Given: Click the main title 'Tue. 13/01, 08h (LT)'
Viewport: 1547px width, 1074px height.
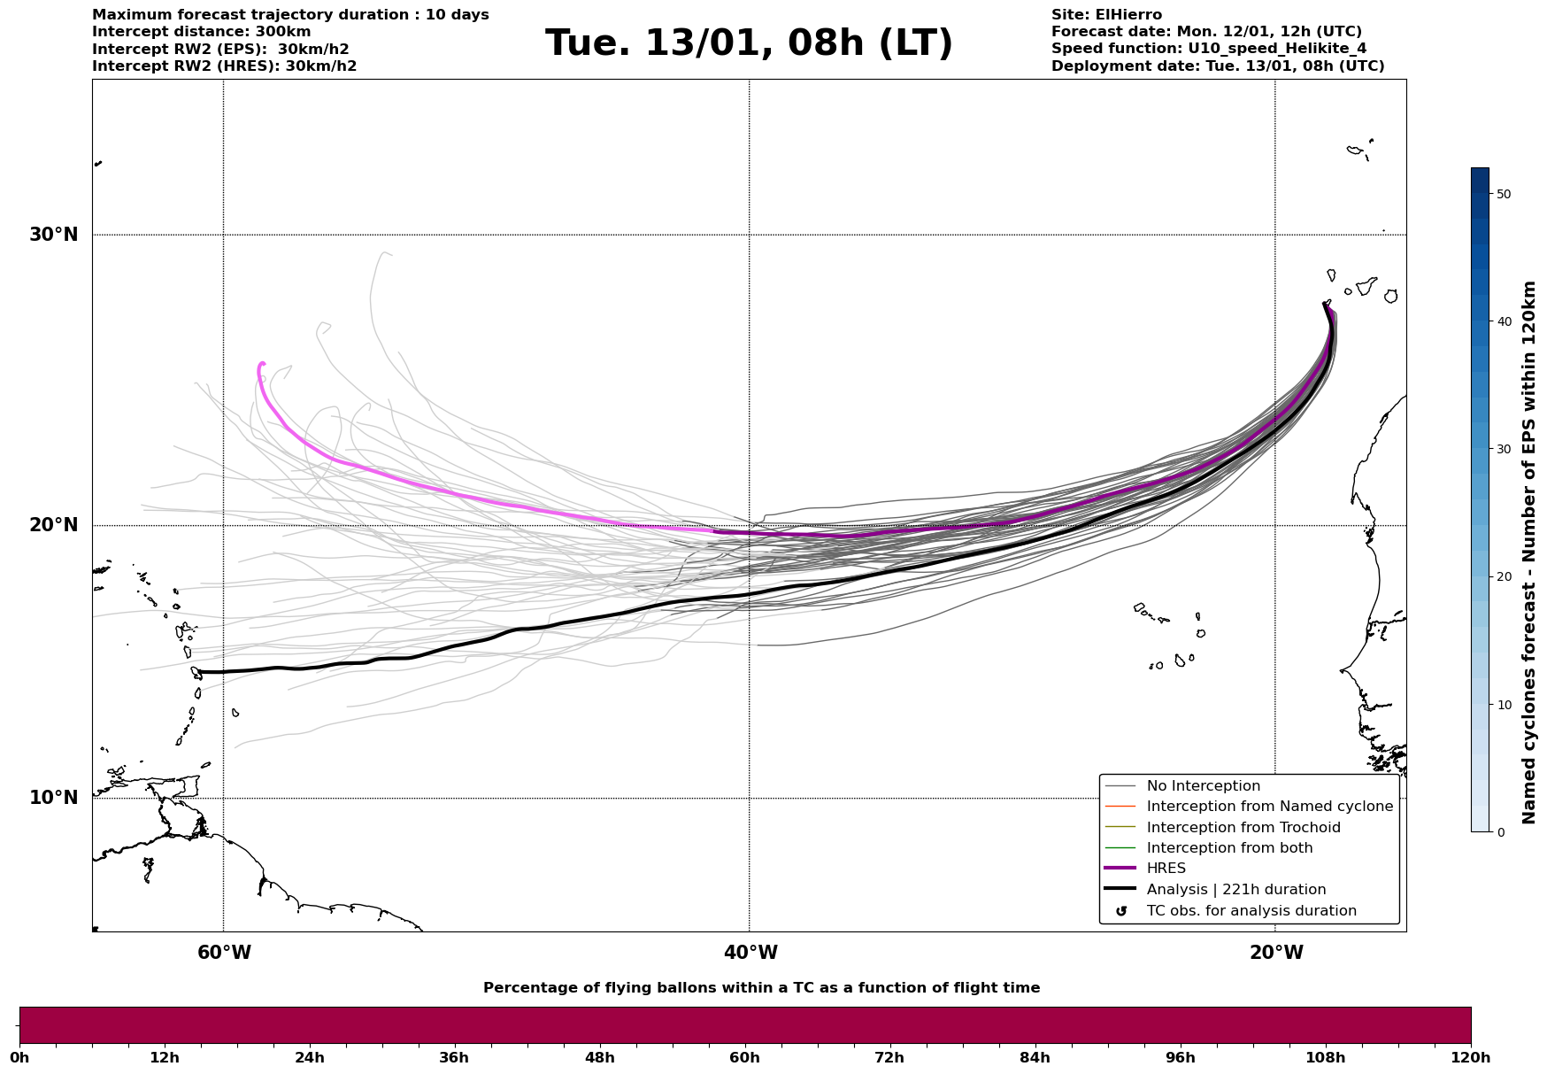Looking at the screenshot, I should (749, 43).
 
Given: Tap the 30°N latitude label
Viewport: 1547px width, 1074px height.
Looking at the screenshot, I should (54, 235).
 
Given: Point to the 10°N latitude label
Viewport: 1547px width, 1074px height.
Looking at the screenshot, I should (54, 798).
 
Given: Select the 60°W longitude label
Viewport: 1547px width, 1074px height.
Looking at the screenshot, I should (224, 953).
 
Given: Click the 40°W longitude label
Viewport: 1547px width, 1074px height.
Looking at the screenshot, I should (750, 953).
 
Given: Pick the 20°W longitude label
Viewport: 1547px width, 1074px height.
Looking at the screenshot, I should (1276, 953).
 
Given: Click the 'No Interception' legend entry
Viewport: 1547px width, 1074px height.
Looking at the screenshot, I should (1203, 786).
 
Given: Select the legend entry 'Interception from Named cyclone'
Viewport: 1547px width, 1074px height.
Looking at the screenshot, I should (1269, 807).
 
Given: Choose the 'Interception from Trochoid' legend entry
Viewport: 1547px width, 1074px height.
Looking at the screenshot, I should (1243, 828).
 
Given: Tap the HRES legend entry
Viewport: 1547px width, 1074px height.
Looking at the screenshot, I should (1166, 869).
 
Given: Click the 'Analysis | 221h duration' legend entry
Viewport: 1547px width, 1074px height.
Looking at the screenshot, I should (1235, 890).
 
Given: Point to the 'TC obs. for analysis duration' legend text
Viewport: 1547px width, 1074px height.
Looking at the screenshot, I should (1251, 911).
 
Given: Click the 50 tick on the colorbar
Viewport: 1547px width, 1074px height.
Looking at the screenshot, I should (1503, 194).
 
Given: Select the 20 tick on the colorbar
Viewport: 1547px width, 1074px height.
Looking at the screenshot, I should (1503, 577).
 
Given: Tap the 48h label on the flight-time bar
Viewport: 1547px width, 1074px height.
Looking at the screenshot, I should (599, 1058).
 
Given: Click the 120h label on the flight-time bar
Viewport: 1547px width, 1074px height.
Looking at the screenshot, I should (1471, 1058).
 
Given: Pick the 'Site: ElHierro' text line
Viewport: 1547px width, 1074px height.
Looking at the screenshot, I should (1106, 15).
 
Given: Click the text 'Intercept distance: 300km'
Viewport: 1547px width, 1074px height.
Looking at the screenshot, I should (202, 32).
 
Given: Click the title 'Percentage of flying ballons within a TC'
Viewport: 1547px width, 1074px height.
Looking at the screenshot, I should (761, 988).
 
